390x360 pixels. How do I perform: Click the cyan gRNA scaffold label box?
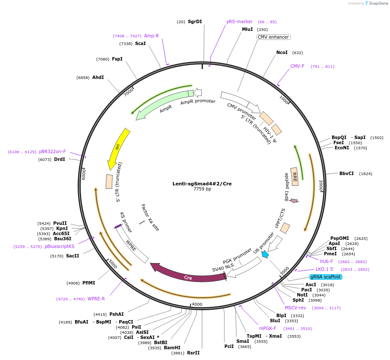pyautogui.click(x=325, y=277)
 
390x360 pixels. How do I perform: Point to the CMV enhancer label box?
pyautogui.click(x=273, y=37)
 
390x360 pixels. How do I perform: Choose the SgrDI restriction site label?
pyautogui.click(x=195, y=21)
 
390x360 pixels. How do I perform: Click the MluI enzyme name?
pyautogui.click(x=248, y=30)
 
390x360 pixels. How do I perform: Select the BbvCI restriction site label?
pyautogui.click(x=347, y=174)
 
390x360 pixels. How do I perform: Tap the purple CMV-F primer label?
pyautogui.click(x=297, y=67)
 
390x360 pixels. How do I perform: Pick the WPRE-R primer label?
pyautogui.click(x=96, y=299)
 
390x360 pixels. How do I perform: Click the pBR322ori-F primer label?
pyautogui.click(x=52, y=151)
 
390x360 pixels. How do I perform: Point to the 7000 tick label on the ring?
pyautogui.click(x=130, y=91)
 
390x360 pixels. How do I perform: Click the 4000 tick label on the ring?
pyautogui.click(x=197, y=304)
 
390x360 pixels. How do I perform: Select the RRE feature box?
pyautogui.click(x=295, y=176)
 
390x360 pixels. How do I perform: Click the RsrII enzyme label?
pyautogui.click(x=193, y=353)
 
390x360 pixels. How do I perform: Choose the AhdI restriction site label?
pyautogui.click(x=98, y=78)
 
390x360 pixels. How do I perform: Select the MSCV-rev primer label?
pyautogui.click(x=296, y=308)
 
